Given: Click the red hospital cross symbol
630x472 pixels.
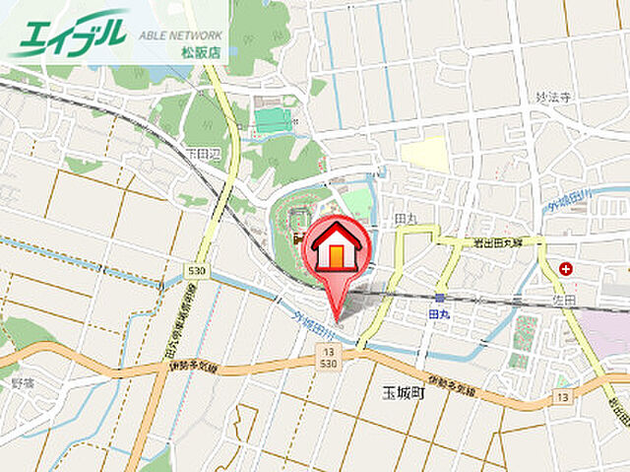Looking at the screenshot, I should point(566,267).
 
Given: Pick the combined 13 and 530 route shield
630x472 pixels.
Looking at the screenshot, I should point(327,357).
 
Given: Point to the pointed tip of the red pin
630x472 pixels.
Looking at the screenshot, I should point(338,317).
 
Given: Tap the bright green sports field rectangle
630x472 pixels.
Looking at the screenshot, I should point(273,120).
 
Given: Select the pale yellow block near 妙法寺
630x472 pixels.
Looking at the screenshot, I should point(424,153).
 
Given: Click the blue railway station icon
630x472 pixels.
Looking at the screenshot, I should point(440,297).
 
